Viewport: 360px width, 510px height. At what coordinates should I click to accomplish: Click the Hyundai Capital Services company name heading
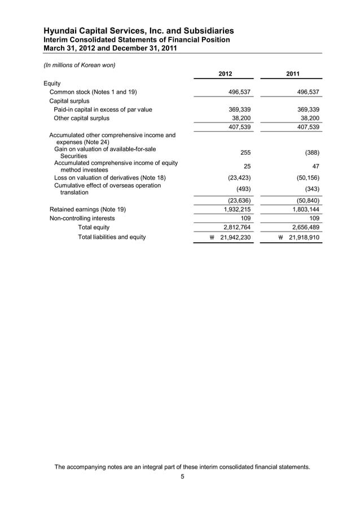pyautogui.click(x=139, y=30)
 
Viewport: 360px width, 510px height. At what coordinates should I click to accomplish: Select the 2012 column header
pyautogui.click(x=225, y=74)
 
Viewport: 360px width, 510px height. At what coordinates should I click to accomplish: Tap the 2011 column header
pyautogui.click(x=292, y=74)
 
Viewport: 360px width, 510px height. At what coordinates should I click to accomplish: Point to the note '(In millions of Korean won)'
pyautogui.click(x=80, y=65)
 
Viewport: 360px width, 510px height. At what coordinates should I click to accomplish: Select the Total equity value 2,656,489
pyautogui.click(x=304, y=227)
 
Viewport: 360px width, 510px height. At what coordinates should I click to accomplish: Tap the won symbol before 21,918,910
pyautogui.click(x=282, y=238)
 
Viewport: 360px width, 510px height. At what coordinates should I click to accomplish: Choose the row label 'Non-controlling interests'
pyautogui.click(x=82, y=218)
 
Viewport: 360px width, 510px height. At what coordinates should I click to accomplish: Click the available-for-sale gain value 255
pyautogui.click(x=245, y=152)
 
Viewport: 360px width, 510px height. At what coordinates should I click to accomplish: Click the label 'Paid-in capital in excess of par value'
pyautogui.click(x=103, y=109)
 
